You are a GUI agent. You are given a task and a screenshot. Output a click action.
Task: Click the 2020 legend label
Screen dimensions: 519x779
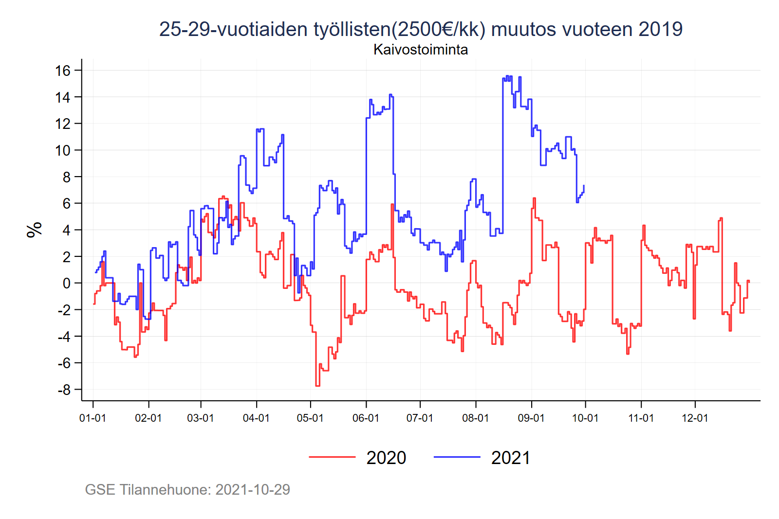point(386,458)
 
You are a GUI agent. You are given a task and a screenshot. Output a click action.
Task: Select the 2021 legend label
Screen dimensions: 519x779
point(510,458)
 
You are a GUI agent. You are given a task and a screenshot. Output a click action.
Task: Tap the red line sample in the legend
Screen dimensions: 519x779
point(332,457)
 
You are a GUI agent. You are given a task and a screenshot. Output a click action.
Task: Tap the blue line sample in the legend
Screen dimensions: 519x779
point(457,457)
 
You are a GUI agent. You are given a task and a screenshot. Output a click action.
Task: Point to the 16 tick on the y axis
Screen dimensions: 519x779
point(63,71)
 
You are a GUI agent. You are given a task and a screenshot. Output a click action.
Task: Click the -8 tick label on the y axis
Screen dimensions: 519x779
point(64,390)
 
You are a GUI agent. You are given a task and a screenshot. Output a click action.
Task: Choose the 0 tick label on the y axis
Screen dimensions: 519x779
point(67,283)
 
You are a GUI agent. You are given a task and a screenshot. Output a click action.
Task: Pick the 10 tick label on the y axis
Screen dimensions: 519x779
point(63,150)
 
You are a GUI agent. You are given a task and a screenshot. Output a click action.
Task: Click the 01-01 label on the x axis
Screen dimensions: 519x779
point(93,418)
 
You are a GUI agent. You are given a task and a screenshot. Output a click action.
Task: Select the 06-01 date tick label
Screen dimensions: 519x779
point(366,418)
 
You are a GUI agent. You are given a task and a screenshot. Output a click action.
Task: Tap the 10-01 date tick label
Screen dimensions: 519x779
point(585,418)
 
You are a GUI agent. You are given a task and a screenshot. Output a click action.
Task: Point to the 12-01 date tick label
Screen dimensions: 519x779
point(695,418)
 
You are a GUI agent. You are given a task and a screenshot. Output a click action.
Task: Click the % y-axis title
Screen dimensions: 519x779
point(35,230)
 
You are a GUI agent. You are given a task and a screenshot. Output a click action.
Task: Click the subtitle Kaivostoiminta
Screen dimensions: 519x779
point(421,50)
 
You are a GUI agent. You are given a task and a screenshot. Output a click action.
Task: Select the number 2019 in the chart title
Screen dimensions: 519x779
point(660,29)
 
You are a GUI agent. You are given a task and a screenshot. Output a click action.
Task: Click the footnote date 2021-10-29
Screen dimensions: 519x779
point(253,489)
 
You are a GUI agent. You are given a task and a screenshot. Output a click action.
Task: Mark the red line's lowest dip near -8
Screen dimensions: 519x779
point(317,385)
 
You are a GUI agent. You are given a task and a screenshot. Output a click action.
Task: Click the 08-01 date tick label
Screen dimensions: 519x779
point(475,418)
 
